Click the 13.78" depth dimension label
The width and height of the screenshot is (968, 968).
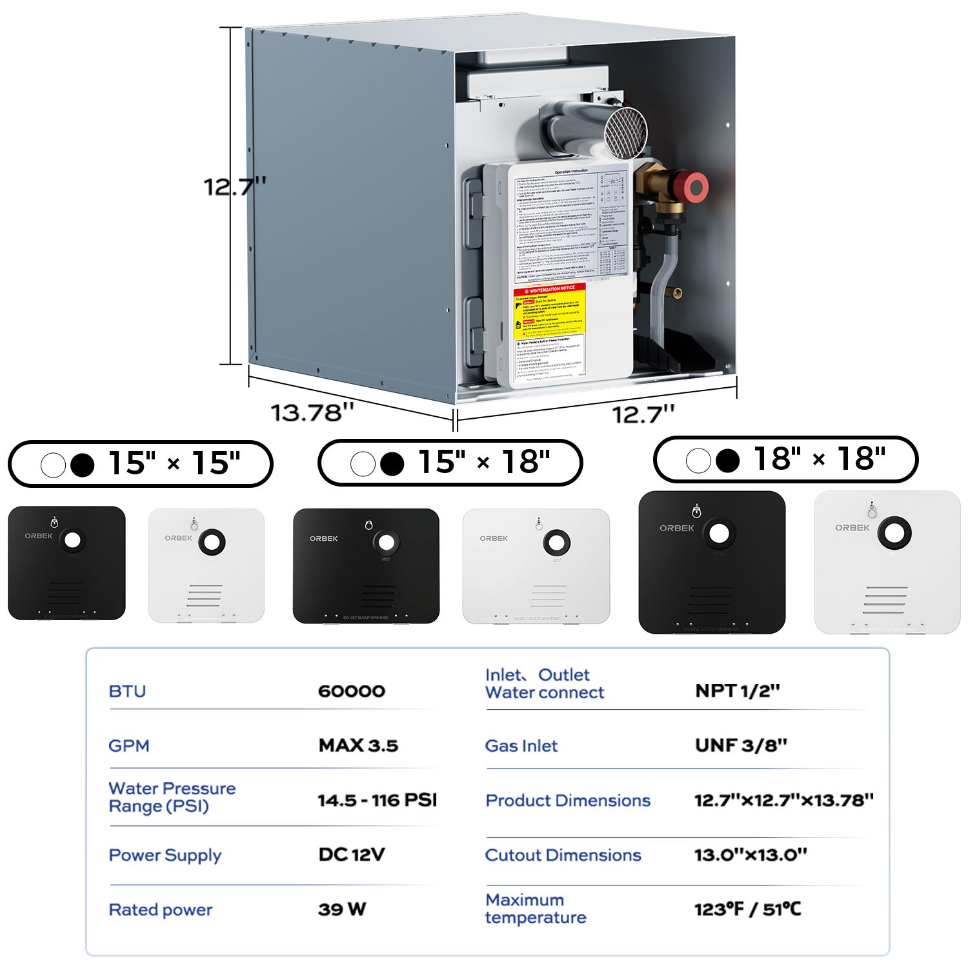coord(312,413)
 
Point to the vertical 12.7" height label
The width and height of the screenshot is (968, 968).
coord(235,187)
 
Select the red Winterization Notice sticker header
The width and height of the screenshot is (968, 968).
coord(550,288)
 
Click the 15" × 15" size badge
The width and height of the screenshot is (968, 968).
coord(141,464)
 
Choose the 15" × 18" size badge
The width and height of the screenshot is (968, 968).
coord(450,463)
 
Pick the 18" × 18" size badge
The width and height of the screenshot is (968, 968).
coord(786,459)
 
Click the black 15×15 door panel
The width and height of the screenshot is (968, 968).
coord(66,563)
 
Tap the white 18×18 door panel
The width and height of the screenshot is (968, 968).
coord(887,561)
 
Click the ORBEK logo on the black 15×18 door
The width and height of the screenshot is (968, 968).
coord(323,538)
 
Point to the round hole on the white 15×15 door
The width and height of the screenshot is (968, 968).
coord(212,541)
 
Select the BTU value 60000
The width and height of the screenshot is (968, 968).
coord(352,691)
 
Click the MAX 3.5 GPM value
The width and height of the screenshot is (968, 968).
coord(358,746)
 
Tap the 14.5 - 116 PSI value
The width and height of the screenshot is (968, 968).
coord(377,800)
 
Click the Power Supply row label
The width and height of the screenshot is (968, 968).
coord(165,855)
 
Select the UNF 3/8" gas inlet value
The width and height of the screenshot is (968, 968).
coord(741,746)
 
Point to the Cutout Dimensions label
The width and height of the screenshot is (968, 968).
coord(563,855)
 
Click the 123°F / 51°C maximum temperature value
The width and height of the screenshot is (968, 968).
coord(747,909)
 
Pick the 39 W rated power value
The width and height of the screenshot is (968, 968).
coord(342,909)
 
